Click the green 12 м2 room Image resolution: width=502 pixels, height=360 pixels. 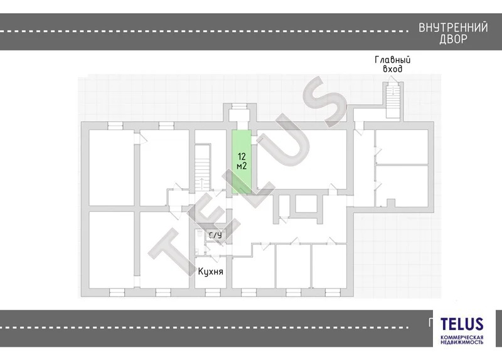pos(242,162)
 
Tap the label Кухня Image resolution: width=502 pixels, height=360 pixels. pos(210,272)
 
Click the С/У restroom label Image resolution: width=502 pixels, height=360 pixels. pos(215,235)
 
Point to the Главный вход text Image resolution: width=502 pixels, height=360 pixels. pos(393,65)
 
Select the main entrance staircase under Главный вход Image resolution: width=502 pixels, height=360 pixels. pos(393,100)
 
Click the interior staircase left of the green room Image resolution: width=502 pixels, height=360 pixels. pos(202,167)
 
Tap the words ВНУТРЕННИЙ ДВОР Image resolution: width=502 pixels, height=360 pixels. pos(453,33)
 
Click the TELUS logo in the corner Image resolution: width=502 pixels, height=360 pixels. pos(462,324)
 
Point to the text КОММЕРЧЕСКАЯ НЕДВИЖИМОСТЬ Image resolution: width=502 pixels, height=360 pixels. pos(462,340)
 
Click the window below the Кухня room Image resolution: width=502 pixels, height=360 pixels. pos(213,292)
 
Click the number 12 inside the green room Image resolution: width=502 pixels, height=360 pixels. pos(242,156)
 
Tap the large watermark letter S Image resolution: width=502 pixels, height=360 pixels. pos(323,102)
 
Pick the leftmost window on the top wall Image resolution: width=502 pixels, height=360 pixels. pos(115,125)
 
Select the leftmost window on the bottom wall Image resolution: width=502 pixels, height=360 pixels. pos(117,292)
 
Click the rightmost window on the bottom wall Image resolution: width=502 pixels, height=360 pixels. pos(333,292)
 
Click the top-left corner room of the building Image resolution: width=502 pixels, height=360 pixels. pos(112,167)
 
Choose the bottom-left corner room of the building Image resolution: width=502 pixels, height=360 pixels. pos(112,250)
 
